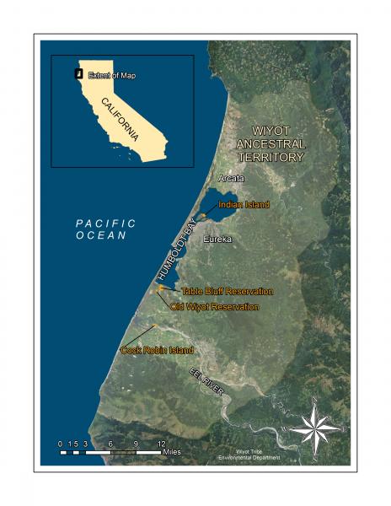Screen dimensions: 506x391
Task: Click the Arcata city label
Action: click(231, 179)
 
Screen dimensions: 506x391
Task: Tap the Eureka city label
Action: click(216, 239)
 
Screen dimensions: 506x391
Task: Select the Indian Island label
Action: click(244, 205)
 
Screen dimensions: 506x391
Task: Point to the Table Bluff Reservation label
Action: click(228, 291)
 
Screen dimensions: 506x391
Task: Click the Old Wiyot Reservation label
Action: click(214, 307)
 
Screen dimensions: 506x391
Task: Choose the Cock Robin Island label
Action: click(157, 350)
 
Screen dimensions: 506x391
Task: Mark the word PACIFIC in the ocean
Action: click(105, 223)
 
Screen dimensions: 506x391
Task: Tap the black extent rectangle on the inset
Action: click(78, 73)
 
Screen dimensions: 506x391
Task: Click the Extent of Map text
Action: click(111, 75)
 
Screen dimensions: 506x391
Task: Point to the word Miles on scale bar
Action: click(173, 452)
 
